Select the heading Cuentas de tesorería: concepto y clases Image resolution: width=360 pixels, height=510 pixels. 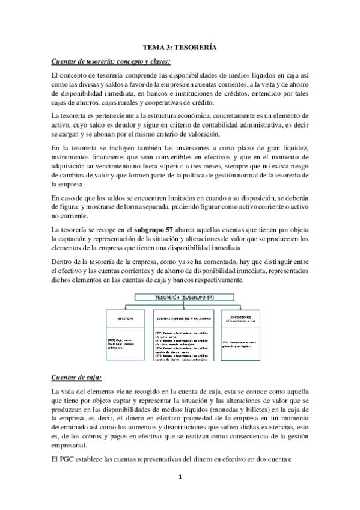[112, 61]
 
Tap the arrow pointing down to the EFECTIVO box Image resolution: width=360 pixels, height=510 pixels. [126, 306]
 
